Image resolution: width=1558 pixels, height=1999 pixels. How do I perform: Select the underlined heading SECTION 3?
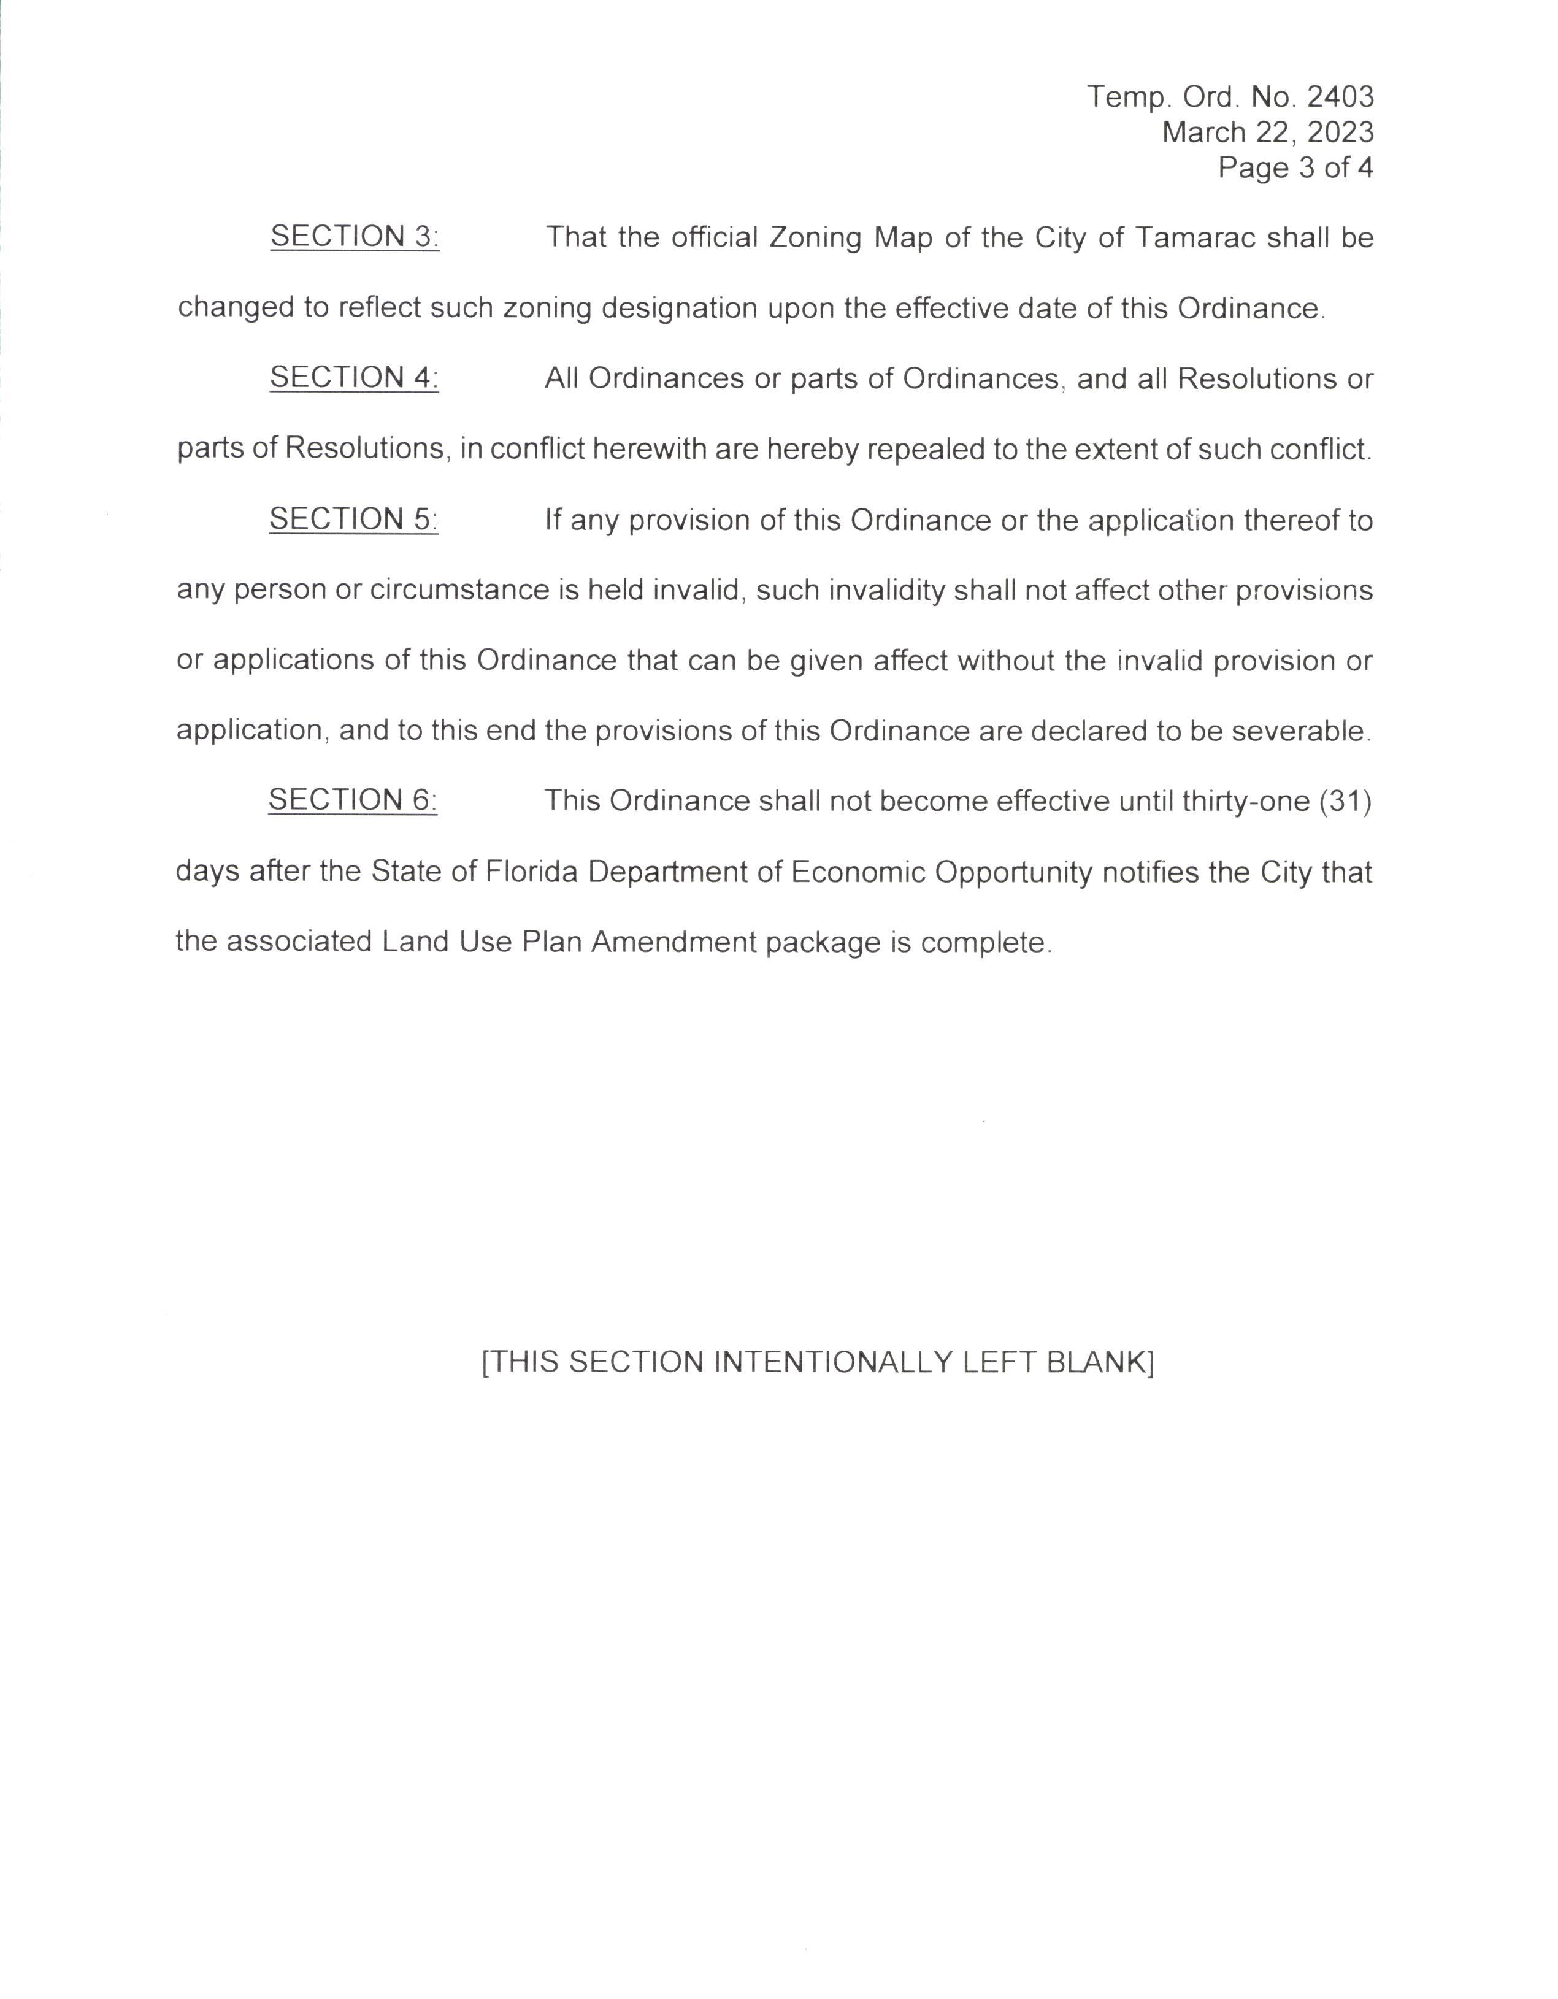[x=355, y=236]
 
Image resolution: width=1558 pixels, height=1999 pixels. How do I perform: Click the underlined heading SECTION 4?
[x=355, y=377]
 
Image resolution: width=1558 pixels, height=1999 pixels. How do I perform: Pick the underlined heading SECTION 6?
[x=353, y=800]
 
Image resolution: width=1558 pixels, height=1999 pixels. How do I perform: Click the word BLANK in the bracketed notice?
[x=1099, y=1362]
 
